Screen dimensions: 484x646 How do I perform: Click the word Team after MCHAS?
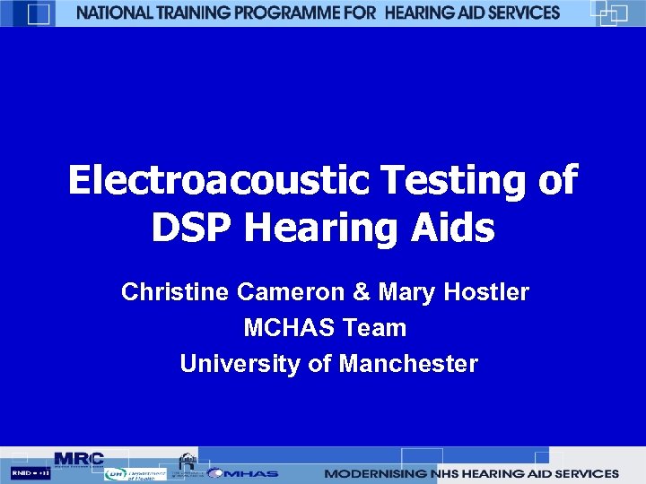click(373, 328)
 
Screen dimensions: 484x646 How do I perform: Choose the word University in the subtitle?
click(230, 364)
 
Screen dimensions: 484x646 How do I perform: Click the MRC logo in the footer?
click(79, 458)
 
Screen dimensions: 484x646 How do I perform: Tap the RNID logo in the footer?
click(31, 472)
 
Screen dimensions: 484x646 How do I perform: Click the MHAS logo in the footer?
click(243, 472)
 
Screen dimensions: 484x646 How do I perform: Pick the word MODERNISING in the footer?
click(372, 473)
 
